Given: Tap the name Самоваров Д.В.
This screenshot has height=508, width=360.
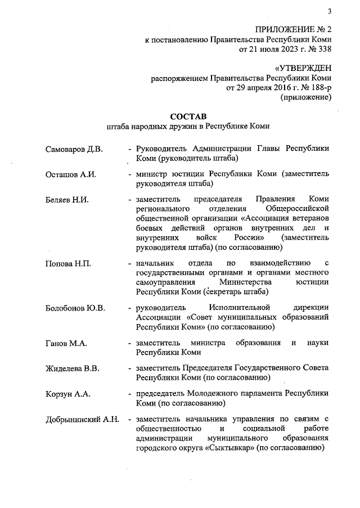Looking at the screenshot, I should tap(74, 149).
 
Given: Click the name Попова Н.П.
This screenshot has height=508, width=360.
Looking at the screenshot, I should tap(69, 263).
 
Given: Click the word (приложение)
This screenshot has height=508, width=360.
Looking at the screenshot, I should tap(306, 97).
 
